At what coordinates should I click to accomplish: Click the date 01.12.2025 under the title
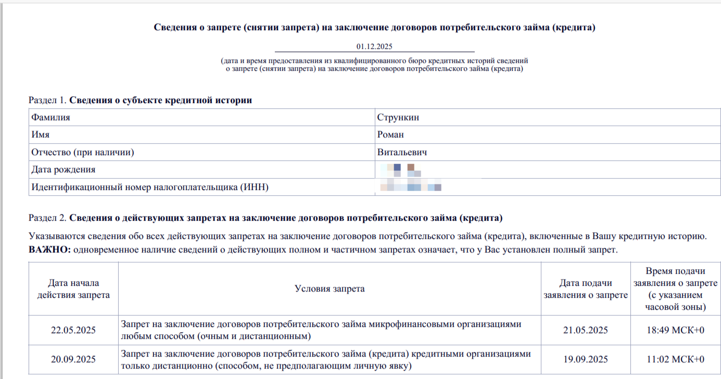(374, 47)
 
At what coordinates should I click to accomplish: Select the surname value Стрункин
(398, 118)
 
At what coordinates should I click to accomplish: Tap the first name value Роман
(390, 135)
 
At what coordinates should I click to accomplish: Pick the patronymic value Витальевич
(402, 153)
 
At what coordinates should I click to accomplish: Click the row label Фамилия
(50, 118)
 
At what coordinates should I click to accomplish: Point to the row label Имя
(40, 135)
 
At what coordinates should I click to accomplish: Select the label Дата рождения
(63, 170)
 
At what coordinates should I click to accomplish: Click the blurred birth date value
(400, 170)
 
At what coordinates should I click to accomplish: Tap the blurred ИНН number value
(411, 187)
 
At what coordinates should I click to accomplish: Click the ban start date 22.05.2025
(73, 330)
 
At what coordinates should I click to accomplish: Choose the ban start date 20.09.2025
(73, 360)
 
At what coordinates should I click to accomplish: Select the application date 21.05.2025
(586, 330)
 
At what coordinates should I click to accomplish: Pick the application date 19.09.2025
(586, 360)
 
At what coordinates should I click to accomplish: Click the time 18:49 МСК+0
(675, 330)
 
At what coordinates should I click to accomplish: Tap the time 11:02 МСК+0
(675, 360)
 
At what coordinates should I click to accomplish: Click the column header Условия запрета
(330, 289)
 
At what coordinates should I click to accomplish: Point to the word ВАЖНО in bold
(49, 250)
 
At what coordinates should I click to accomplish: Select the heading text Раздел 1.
(48, 100)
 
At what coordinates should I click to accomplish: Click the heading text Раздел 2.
(48, 218)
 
